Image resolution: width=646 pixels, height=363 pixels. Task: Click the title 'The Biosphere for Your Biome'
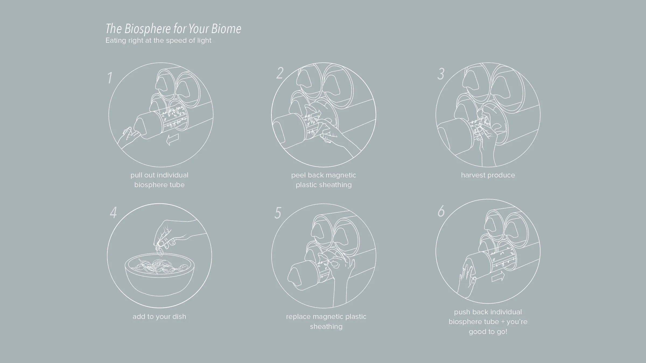[173, 29]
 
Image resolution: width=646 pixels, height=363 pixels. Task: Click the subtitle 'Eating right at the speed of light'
[158, 41]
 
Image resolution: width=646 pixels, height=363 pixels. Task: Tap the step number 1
[110, 78]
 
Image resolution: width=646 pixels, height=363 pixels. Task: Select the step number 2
[280, 73]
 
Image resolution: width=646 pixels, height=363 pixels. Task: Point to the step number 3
[441, 74]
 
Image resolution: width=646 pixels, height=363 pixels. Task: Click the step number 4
[113, 213]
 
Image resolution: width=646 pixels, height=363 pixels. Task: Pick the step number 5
[278, 213]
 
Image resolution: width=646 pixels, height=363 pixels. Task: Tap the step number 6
[441, 211]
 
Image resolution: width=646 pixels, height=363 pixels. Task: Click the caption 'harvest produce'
[488, 175]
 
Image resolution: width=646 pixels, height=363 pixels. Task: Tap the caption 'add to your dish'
[159, 317]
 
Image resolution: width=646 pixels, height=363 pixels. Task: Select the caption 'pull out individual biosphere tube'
[159, 180]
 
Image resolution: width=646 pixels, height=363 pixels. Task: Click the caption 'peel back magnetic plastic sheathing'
[324, 180]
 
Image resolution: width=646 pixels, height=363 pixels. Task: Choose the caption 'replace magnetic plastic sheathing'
[326, 322]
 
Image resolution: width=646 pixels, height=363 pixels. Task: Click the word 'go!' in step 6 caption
[501, 332]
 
